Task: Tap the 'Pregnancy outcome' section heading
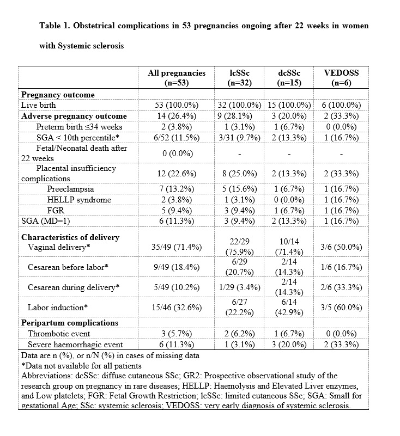pyautogui.click(x=57, y=95)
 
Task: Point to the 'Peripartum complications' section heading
pyautogui.click(x=69, y=323)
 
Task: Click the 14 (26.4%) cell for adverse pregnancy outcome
pyautogui.click(x=177, y=116)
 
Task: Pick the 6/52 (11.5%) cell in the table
pyautogui.click(x=177, y=138)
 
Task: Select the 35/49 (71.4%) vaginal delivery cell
pyautogui.click(x=177, y=247)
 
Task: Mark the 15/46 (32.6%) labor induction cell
pyautogui.click(x=177, y=308)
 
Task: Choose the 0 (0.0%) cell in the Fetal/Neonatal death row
pyautogui.click(x=177, y=153)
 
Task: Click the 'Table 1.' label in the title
pyautogui.click(x=56, y=26)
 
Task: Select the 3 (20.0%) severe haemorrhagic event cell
pyautogui.click(x=289, y=345)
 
